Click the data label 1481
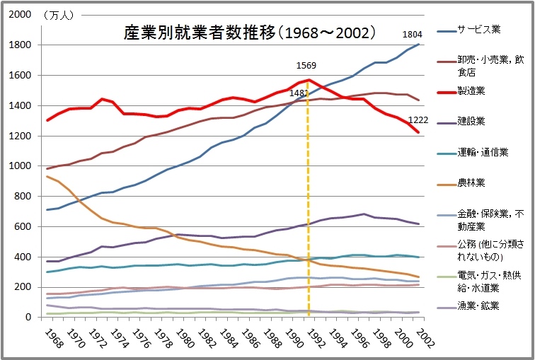tap(299, 93)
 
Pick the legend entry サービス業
tap(479, 30)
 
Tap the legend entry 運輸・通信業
tap(483, 151)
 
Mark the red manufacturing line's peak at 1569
tap(309, 80)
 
